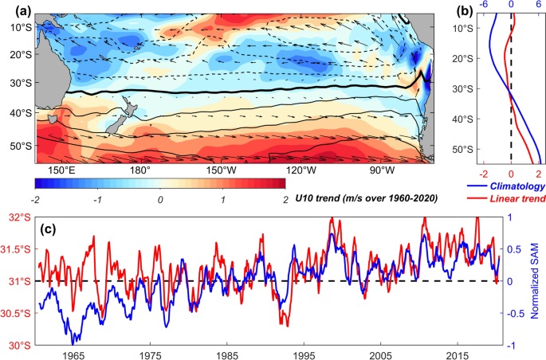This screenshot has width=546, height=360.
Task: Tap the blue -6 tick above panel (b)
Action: pyautogui.click(x=481, y=4)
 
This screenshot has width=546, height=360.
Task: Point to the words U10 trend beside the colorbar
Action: pyautogui.click(x=316, y=198)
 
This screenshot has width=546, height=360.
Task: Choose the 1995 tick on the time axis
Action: pyautogui.click(x=303, y=354)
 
